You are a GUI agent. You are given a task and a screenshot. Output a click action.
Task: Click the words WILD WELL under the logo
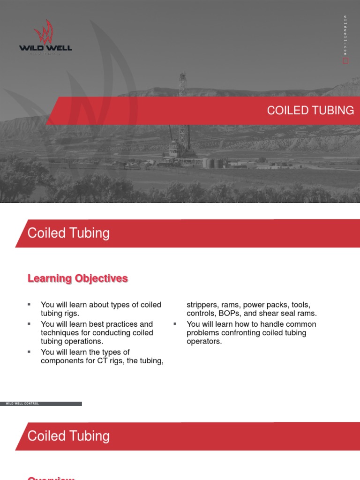(x=45, y=48)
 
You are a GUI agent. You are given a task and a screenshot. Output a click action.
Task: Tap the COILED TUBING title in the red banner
(x=310, y=110)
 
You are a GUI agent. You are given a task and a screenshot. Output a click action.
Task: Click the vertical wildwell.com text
(x=345, y=35)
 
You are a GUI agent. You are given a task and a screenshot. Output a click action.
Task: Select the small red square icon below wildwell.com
(x=346, y=61)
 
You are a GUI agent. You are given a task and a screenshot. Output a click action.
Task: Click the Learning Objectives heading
(x=78, y=278)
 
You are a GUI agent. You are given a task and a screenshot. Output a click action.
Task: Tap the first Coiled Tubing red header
(x=68, y=233)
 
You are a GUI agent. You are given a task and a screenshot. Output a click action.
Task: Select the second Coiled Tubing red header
(x=68, y=436)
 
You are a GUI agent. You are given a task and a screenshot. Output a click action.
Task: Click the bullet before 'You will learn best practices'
(x=29, y=324)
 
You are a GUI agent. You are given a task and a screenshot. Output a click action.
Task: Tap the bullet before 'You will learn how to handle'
(x=174, y=324)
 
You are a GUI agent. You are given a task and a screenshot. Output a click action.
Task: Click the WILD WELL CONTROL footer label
(x=22, y=404)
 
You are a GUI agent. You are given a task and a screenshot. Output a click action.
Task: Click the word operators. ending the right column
(x=204, y=342)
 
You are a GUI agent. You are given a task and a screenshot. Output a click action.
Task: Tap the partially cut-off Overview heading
(x=51, y=477)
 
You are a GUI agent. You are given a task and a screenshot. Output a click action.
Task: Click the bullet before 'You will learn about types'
(x=29, y=305)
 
